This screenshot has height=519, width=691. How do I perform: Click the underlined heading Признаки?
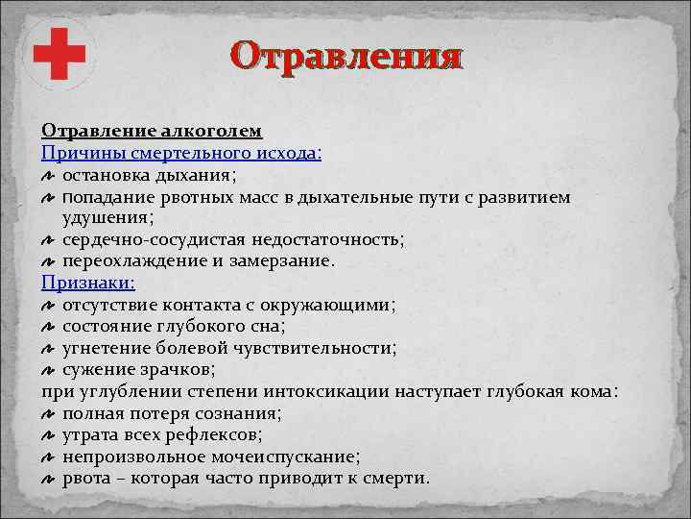pos(88,283)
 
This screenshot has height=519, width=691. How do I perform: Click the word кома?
pos(595,391)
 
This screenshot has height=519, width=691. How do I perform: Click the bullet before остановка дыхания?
pos(50,176)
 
